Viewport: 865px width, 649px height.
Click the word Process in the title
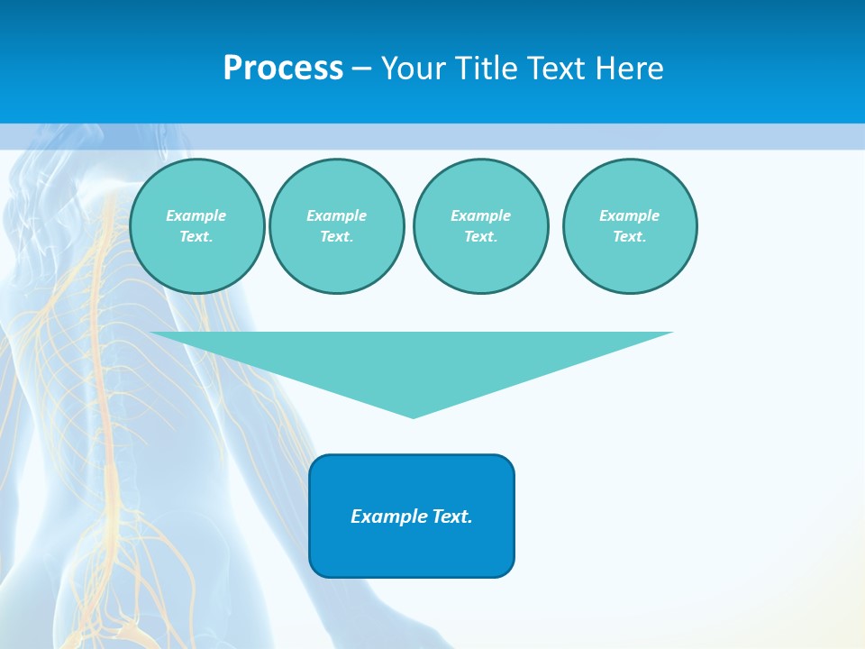coord(283,69)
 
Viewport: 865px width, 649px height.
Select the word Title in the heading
coord(484,69)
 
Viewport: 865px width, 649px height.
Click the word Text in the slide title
coord(556,69)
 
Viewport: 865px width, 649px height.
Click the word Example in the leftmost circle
coord(196,215)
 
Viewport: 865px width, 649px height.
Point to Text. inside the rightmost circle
coord(630,236)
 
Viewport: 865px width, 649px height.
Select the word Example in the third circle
coord(481,215)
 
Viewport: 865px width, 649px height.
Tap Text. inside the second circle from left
coord(337,236)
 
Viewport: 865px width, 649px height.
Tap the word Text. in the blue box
coord(452,516)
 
